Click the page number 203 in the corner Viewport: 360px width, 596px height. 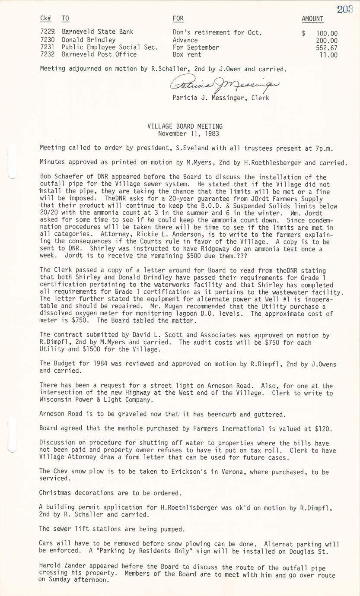pyautogui.click(x=345, y=9)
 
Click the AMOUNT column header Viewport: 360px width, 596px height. pyautogui.click(x=312, y=19)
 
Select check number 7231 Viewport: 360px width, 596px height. pyautogui.click(x=47, y=48)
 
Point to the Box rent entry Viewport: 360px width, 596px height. pyautogui.click(x=187, y=54)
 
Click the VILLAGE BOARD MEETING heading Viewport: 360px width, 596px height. pyautogui.click(x=185, y=127)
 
